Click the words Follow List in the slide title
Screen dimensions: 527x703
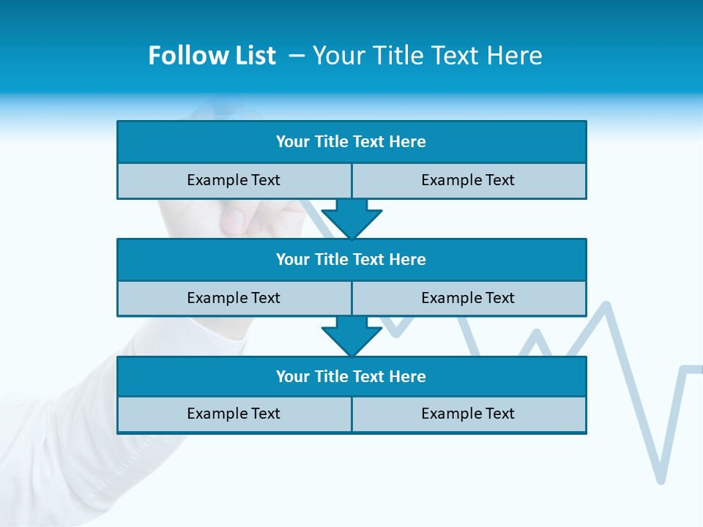click(x=212, y=56)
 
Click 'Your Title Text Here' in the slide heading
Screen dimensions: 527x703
click(x=427, y=56)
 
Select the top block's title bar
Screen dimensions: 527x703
click(x=351, y=142)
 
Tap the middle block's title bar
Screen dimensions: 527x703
click(x=351, y=260)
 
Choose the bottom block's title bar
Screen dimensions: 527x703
click(x=351, y=377)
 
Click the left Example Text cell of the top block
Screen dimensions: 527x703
click(x=234, y=180)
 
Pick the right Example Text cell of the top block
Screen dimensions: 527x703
click(x=469, y=180)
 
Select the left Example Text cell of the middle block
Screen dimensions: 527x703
click(x=234, y=298)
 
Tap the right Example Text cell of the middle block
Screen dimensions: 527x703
click(x=469, y=298)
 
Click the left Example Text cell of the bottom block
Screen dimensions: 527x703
click(x=234, y=414)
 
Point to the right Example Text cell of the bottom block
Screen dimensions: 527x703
click(x=469, y=414)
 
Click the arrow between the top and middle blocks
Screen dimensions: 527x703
click(x=351, y=218)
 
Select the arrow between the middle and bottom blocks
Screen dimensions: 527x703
click(x=351, y=336)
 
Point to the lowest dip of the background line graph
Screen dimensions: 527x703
click(x=661, y=480)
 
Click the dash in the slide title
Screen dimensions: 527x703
click(x=297, y=56)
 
